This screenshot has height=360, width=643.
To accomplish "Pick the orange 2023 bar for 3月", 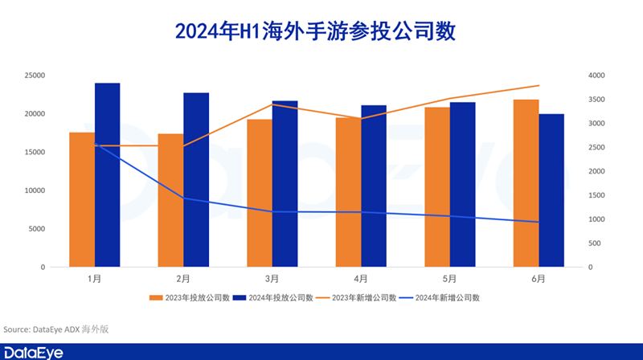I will click(260, 193).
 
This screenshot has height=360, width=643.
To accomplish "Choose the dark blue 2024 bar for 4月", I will click(374, 186).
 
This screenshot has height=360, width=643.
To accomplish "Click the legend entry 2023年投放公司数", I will click(188, 297).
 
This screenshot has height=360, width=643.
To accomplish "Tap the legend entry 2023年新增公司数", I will click(362, 297).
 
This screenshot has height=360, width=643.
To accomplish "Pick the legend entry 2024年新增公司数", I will click(446, 297).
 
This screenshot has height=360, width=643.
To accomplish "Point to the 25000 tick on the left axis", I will click(33, 76).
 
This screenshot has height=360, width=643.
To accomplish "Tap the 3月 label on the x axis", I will click(272, 279).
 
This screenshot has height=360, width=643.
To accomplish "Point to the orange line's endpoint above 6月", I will click(539, 85).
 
